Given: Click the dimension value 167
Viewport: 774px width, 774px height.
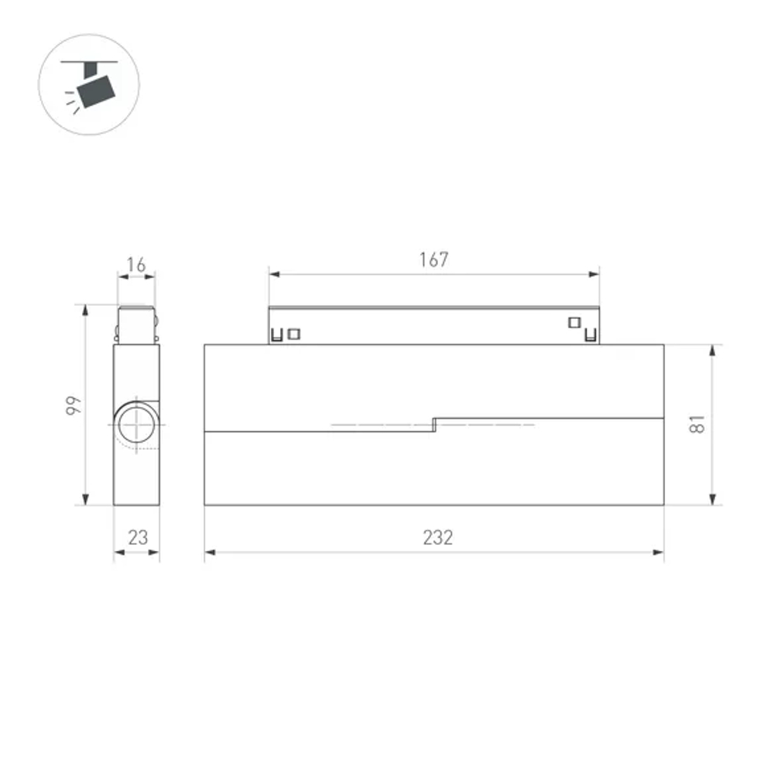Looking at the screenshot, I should (x=433, y=260).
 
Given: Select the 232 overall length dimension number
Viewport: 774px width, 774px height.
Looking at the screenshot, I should (x=437, y=537).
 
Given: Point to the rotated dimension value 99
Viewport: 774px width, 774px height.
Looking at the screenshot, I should (x=71, y=405).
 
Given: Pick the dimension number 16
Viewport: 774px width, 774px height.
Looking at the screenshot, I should (x=136, y=265).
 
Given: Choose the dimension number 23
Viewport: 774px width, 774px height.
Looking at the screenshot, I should (x=138, y=537).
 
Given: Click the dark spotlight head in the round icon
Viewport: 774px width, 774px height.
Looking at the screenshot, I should (x=98, y=91).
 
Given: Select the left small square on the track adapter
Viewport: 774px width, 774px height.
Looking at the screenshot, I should (x=293, y=334).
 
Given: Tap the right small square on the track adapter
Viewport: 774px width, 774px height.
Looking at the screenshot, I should (x=574, y=322).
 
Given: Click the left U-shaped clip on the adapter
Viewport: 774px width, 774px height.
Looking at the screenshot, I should (x=276, y=336).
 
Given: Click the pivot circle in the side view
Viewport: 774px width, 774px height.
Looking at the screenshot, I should (x=137, y=425).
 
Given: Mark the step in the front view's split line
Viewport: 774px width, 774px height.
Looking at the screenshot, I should (x=434, y=424).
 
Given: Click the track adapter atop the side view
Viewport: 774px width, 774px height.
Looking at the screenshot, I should (x=137, y=325).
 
